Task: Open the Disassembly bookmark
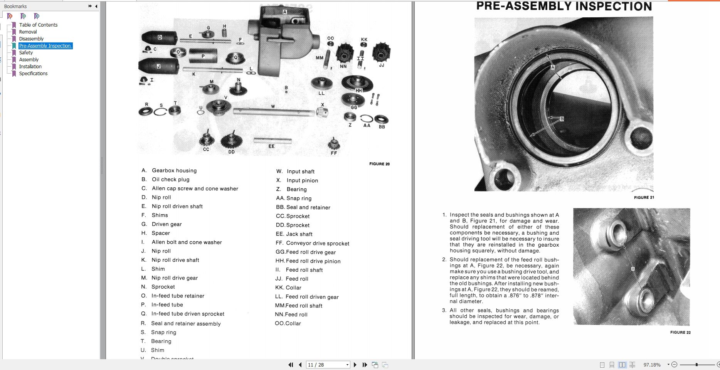pos(31,39)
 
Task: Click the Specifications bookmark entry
pos(33,73)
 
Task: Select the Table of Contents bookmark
pos(38,25)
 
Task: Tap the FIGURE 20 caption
pos(379,164)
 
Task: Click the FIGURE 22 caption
pos(680,332)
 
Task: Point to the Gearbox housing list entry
pos(174,170)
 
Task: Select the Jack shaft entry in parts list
pos(299,234)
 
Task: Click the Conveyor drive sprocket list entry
pos(318,243)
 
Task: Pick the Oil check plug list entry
pos(170,179)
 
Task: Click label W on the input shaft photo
pos(273,106)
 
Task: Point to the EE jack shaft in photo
pos(272,141)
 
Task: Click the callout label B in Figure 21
pos(562,119)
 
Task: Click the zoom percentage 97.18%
pos(652,365)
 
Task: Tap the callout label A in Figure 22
pos(633,269)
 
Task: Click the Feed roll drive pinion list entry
pos(313,261)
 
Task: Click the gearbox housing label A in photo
pos(285,12)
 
